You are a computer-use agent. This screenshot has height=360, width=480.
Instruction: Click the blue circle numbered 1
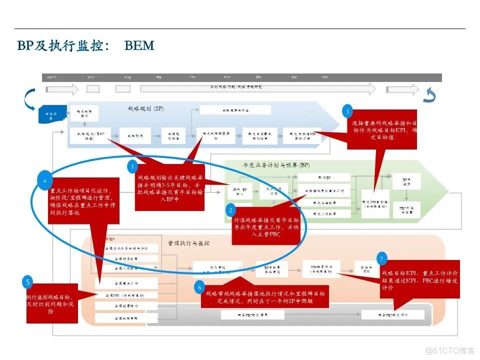(132, 166)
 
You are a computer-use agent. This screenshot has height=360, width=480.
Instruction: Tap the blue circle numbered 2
(230, 210)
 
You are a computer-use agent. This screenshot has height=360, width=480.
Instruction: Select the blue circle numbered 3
(348, 111)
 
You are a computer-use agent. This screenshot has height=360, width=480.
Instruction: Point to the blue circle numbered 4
(44, 180)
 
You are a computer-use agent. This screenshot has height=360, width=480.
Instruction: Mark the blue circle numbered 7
(382, 259)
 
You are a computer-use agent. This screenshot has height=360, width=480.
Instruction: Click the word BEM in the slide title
(139, 46)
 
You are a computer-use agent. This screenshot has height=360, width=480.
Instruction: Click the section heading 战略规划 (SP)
(145, 109)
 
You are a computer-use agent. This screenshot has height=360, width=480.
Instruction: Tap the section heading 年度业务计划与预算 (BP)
(276, 165)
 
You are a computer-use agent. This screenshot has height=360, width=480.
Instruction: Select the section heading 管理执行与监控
(188, 243)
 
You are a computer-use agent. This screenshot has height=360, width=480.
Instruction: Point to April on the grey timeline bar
(51, 77)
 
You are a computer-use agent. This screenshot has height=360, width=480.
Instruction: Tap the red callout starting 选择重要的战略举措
(379, 130)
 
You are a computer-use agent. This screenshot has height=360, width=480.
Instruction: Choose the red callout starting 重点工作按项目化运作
(84, 200)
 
